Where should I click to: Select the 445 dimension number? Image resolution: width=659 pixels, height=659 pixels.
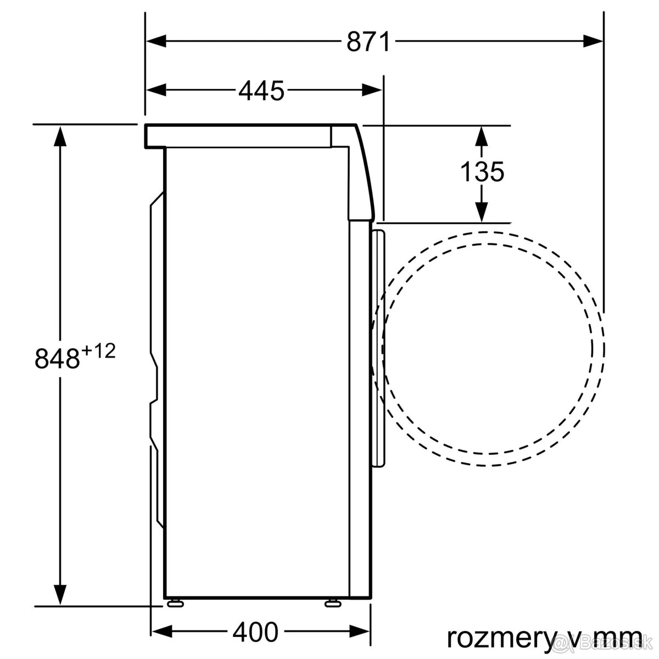[261, 90]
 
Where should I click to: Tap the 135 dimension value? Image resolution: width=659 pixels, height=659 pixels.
[482, 172]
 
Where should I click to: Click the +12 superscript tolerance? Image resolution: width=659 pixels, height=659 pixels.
[99, 350]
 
